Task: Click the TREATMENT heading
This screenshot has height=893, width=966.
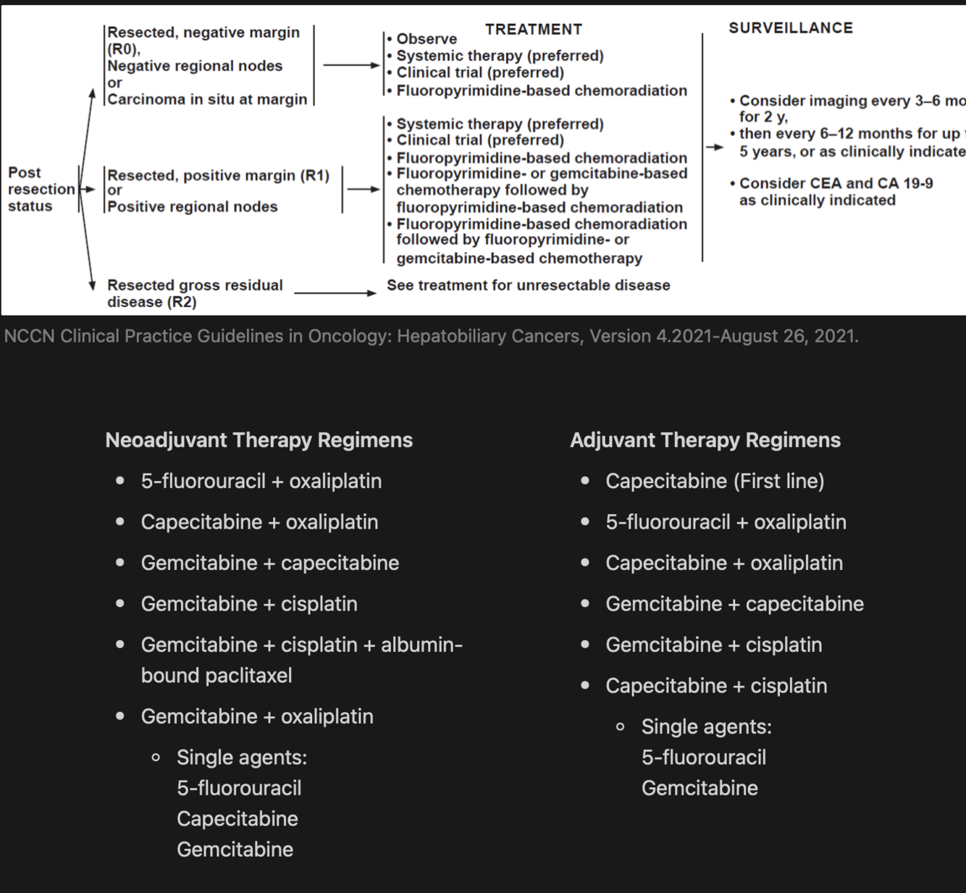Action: click(534, 30)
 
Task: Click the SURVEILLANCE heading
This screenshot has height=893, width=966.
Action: click(791, 28)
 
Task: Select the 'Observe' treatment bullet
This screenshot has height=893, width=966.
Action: click(427, 39)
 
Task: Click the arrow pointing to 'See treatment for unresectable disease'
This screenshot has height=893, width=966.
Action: click(335, 293)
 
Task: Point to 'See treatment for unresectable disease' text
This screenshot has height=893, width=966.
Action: click(528, 285)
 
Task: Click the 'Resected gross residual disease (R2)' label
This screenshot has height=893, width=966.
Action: click(195, 293)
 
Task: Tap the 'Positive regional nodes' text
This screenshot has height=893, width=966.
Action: click(193, 207)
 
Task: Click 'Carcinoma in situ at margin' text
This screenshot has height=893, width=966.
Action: click(207, 99)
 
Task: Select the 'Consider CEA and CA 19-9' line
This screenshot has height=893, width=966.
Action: click(836, 184)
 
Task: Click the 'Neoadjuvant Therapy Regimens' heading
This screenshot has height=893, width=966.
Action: click(259, 440)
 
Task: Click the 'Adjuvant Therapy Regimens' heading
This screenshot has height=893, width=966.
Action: click(705, 440)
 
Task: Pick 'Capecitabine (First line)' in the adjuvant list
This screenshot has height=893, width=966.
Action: click(715, 482)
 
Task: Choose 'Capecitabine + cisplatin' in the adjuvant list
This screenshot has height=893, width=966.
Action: click(716, 686)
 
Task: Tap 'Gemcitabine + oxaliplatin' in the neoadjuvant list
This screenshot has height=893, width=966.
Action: click(257, 717)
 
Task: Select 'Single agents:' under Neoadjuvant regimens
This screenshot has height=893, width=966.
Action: click(242, 758)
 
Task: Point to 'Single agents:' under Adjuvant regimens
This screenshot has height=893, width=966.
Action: click(707, 727)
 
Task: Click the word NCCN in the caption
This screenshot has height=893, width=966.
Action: click(29, 337)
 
